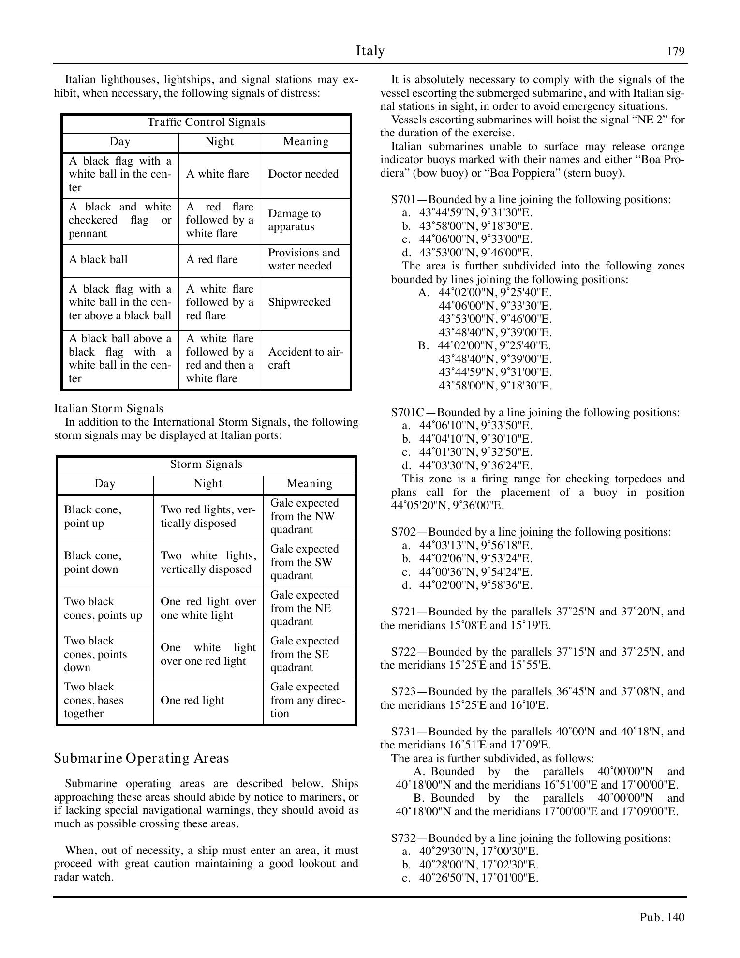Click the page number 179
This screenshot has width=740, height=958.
(x=676, y=52)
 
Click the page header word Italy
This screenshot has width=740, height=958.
(x=370, y=51)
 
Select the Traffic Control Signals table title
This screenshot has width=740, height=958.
(x=206, y=122)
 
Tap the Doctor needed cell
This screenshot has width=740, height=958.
(x=303, y=174)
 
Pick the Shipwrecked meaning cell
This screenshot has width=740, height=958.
(x=299, y=302)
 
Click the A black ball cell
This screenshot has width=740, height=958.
(x=98, y=260)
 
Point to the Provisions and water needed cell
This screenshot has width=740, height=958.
(x=304, y=260)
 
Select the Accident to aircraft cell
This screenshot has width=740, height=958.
(x=305, y=359)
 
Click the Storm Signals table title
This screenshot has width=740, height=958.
(x=206, y=464)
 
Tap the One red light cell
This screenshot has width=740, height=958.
(x=192, y=701)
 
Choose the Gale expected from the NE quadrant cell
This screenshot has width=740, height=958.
(x=305, y=608)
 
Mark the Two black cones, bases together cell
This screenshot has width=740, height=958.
(x=93, y=701)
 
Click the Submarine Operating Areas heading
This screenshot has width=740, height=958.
(x=141, y=758)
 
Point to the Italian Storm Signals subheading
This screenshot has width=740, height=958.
(x=108, y=409)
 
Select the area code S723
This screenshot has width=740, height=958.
(x=403, y=692)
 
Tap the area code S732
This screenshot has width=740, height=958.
(x=403, y=838)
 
